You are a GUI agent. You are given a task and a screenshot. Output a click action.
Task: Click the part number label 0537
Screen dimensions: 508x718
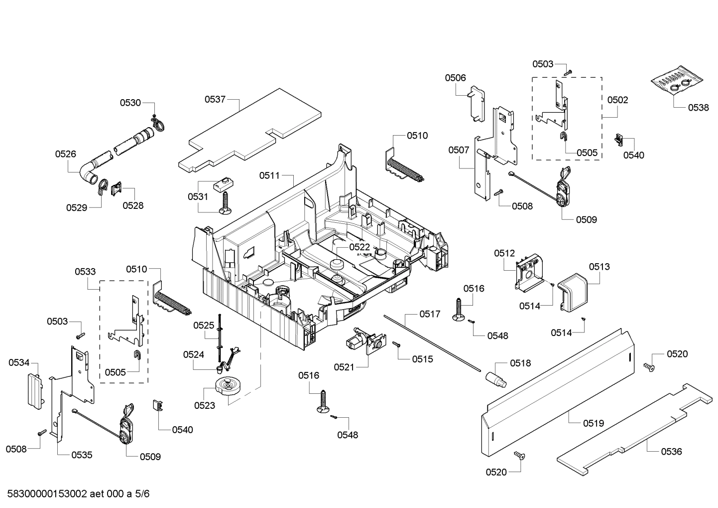[x=215, y=100]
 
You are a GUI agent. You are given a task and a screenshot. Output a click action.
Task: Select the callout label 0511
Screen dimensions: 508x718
[x=269, y=175]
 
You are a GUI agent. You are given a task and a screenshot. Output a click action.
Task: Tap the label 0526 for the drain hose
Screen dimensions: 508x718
[x=66, y=154]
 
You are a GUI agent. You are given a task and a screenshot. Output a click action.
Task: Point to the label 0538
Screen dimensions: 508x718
[x=699, y=107]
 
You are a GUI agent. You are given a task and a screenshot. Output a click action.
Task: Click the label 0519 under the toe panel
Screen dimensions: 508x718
[x=594, y=423]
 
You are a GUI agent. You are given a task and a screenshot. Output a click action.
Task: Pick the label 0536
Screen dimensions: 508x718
[x=671, y=452]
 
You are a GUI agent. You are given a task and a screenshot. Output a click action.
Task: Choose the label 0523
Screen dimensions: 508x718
[x=205, y=405]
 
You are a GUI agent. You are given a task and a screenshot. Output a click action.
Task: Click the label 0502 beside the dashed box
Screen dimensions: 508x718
[x=617, y=100]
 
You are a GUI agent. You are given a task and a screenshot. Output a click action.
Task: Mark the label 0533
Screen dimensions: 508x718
[x=86, y=272]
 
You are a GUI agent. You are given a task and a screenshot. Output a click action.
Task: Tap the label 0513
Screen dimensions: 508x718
[x=599, y=267]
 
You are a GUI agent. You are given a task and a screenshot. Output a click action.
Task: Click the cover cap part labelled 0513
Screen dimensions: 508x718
[x=573, y=292]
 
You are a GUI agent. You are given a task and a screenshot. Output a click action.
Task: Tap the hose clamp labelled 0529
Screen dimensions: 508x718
[x=102, y=186]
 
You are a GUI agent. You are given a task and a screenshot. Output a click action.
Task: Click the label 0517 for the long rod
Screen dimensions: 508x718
[x=429, y=314]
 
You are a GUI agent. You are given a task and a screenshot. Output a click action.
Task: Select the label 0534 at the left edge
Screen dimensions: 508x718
[x=18, y=362]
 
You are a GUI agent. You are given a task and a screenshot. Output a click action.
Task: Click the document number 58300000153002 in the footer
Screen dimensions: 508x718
[x=47, y=494]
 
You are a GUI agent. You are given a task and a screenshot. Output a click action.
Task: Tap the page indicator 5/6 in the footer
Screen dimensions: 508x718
[x=142, y=494]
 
